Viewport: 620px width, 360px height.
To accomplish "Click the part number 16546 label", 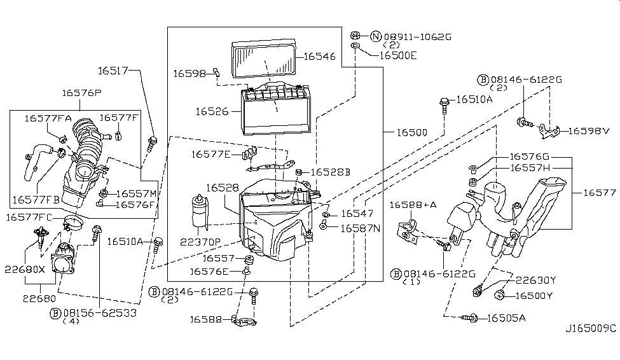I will pos(319,57).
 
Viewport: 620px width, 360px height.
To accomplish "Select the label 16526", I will pos(212,111).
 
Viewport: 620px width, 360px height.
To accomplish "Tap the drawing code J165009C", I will pos(591,328).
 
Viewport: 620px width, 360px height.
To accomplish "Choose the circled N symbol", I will pos(375,37).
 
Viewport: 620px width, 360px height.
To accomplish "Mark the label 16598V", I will pos(588,131).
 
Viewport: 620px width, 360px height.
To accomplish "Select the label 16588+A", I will pos(413,205).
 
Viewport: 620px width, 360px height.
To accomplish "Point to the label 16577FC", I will pos(29,218).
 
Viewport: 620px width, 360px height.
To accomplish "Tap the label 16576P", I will pos(81,93).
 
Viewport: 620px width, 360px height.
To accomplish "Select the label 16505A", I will pos(506,317).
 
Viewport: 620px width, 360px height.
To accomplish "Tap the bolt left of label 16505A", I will pos(471,317).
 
